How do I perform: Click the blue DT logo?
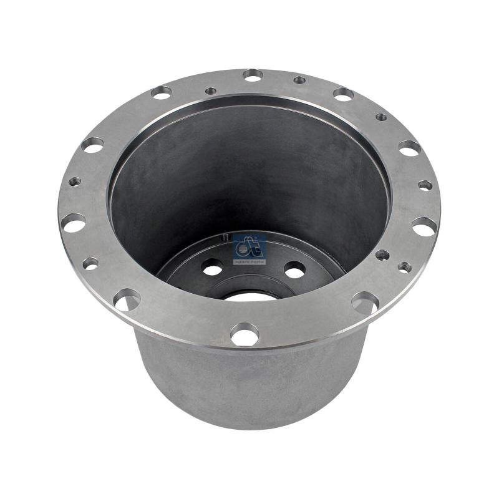(249, 247)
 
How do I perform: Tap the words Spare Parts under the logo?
(249, 262)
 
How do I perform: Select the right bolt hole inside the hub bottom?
(294, 270)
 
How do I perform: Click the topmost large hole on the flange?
(253, 75)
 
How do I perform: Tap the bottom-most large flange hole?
(245, 336)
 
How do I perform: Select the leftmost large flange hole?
(74, 222)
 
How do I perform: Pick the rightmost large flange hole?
(424, 226)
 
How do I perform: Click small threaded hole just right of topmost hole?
(299, 80)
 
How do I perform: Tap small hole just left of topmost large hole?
(211, 91)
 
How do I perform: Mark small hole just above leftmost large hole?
(75, 182)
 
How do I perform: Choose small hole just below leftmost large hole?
(90, 263)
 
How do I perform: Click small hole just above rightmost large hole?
(425, 185)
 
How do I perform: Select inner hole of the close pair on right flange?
(382, 254)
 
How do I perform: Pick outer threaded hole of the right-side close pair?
(404, 266)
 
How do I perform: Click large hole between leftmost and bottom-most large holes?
(126, 300)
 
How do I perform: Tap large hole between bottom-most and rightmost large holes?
(365, 303)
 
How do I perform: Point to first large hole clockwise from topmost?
(343, 94)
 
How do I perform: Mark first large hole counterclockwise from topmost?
(161, 92)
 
